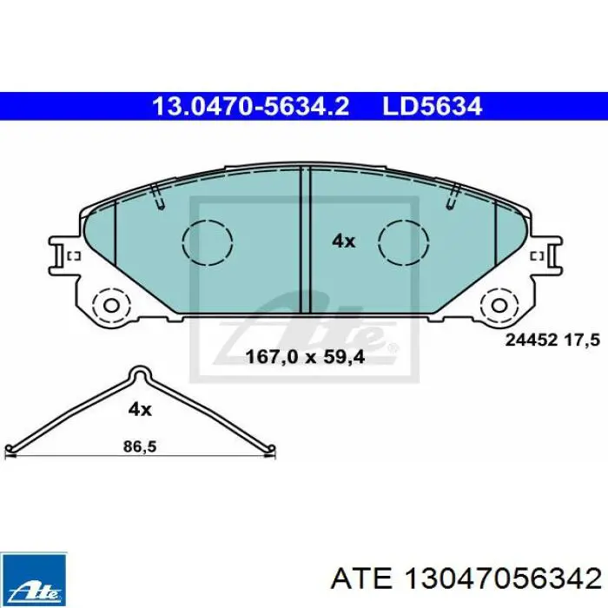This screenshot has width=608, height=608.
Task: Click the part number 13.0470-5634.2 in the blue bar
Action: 251,106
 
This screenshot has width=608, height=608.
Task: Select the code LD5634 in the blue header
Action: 433,106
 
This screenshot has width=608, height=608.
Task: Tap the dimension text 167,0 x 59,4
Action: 305,357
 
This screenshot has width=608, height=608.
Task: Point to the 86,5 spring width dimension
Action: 140,446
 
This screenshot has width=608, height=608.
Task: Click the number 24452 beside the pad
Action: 532,340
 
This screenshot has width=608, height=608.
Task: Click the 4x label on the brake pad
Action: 344,241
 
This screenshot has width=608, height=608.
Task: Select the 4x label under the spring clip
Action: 140,409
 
